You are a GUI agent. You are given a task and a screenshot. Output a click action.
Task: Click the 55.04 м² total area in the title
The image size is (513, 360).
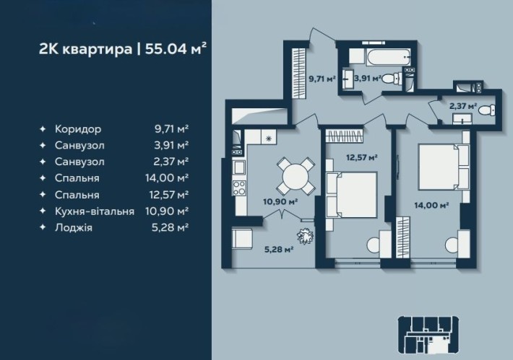[x=176, y=49]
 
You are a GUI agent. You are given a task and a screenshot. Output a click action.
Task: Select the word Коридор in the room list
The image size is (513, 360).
[x=78, y=129]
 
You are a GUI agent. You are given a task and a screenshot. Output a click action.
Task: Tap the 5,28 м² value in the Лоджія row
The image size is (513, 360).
[x=170, y=227]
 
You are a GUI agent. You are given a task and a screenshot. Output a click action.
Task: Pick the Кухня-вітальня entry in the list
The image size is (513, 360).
[x=95, y=211]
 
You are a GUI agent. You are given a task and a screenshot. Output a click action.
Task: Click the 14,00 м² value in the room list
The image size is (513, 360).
[x=167, y=178]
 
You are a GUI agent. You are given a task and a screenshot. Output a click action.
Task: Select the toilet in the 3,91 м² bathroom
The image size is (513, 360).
[x=391, y=79]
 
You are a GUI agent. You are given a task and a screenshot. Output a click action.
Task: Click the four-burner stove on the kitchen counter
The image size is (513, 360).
[x=239, y=188]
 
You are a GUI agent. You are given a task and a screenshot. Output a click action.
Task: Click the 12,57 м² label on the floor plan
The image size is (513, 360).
[x=362, y=158]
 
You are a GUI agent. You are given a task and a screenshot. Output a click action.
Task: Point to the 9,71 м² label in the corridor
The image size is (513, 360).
[x=322, y=79]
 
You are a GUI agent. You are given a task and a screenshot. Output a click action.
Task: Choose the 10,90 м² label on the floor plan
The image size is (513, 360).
[x=280, y=202]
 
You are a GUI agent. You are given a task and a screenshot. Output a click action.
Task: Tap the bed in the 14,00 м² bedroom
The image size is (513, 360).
[x=444, y=167]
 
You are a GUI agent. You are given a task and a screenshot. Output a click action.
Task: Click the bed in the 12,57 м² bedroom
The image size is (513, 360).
[x=352, y=195]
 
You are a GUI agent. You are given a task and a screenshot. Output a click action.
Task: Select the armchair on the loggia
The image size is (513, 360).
[x=242, y=239]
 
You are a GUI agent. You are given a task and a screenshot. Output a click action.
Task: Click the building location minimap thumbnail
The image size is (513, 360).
[x=428, y=335]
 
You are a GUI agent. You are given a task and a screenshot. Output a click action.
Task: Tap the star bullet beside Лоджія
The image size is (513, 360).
[x=43, y=227]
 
